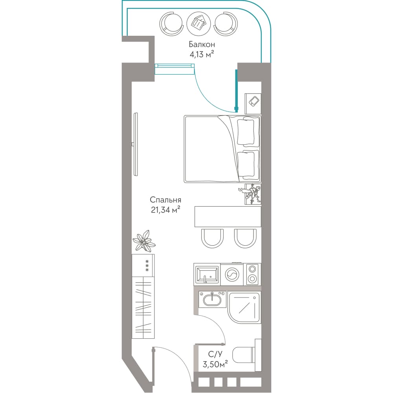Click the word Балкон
[x=202, y=45]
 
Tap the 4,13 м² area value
[x=202, y=54]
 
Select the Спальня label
[x=165, y=200]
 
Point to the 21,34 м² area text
[x=165, y=209]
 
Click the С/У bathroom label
[x=215, y=354]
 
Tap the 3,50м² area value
[x=215, y=364]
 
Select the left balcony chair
[x=171, y=24]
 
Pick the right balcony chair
[x=226, y=24]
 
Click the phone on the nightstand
[x=254, y=101]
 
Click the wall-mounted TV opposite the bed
[x=135, y=144]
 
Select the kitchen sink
[x=207, y=274]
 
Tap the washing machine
[x=232, y=274]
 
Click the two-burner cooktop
[x=252, y=274]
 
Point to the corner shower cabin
[x=244, y=307]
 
